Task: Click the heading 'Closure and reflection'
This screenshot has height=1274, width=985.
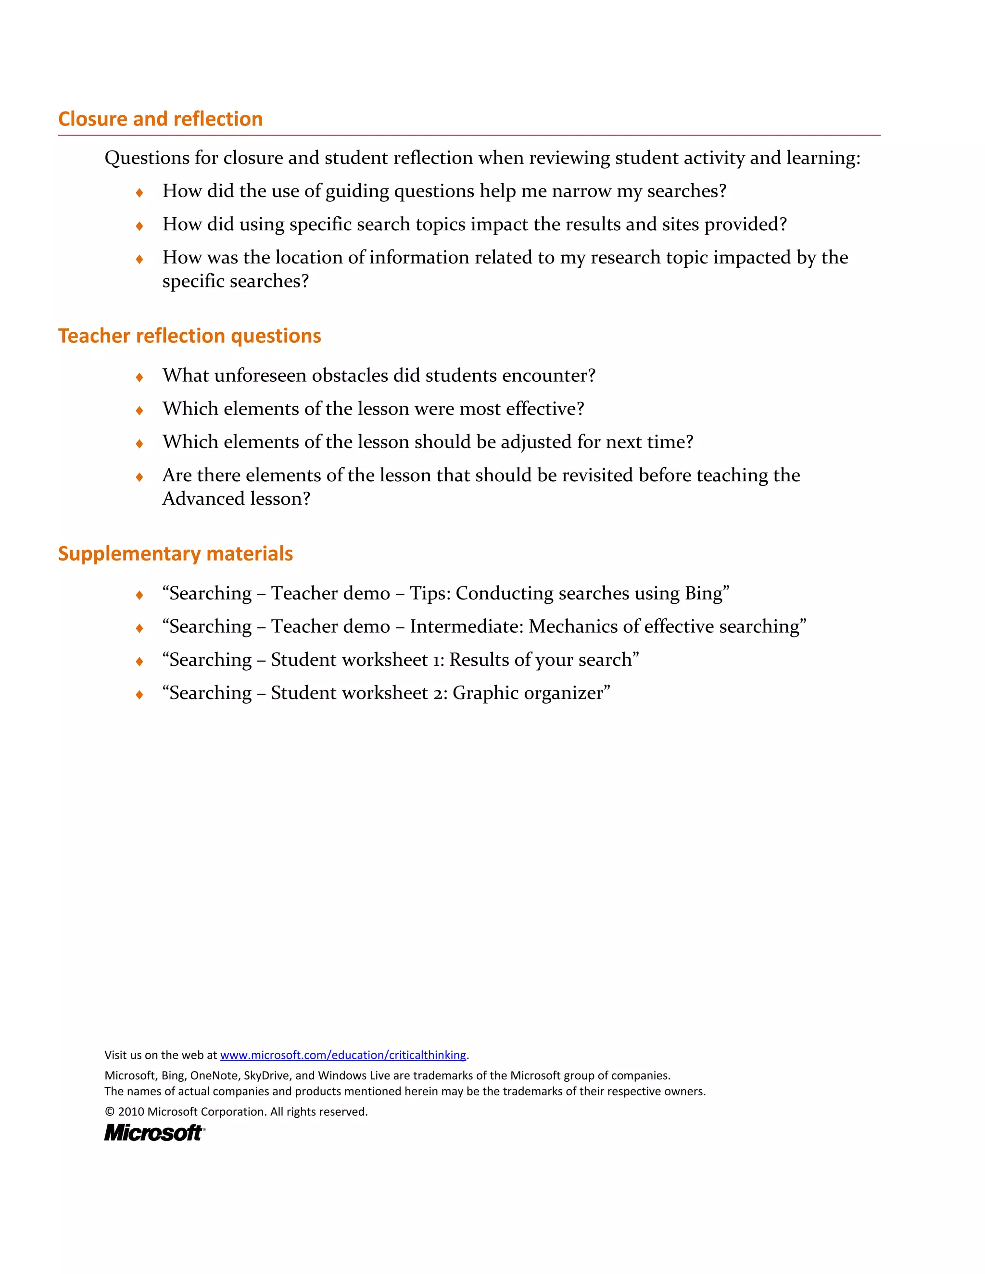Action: [161, 119]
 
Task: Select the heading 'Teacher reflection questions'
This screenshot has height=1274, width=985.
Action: [189, 336]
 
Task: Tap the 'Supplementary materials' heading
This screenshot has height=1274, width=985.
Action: [175, 553]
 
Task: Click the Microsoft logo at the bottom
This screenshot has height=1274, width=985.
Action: [154, 1133]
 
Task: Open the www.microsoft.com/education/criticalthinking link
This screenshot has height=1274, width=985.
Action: [343, 1055]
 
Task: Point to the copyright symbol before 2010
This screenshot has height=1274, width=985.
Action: [110, 1112]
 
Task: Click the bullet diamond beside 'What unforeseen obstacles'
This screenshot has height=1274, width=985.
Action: [139, 377]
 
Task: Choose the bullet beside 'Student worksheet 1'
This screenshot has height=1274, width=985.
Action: [139, 662]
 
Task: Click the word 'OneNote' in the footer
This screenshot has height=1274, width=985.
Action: [214, 1075]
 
